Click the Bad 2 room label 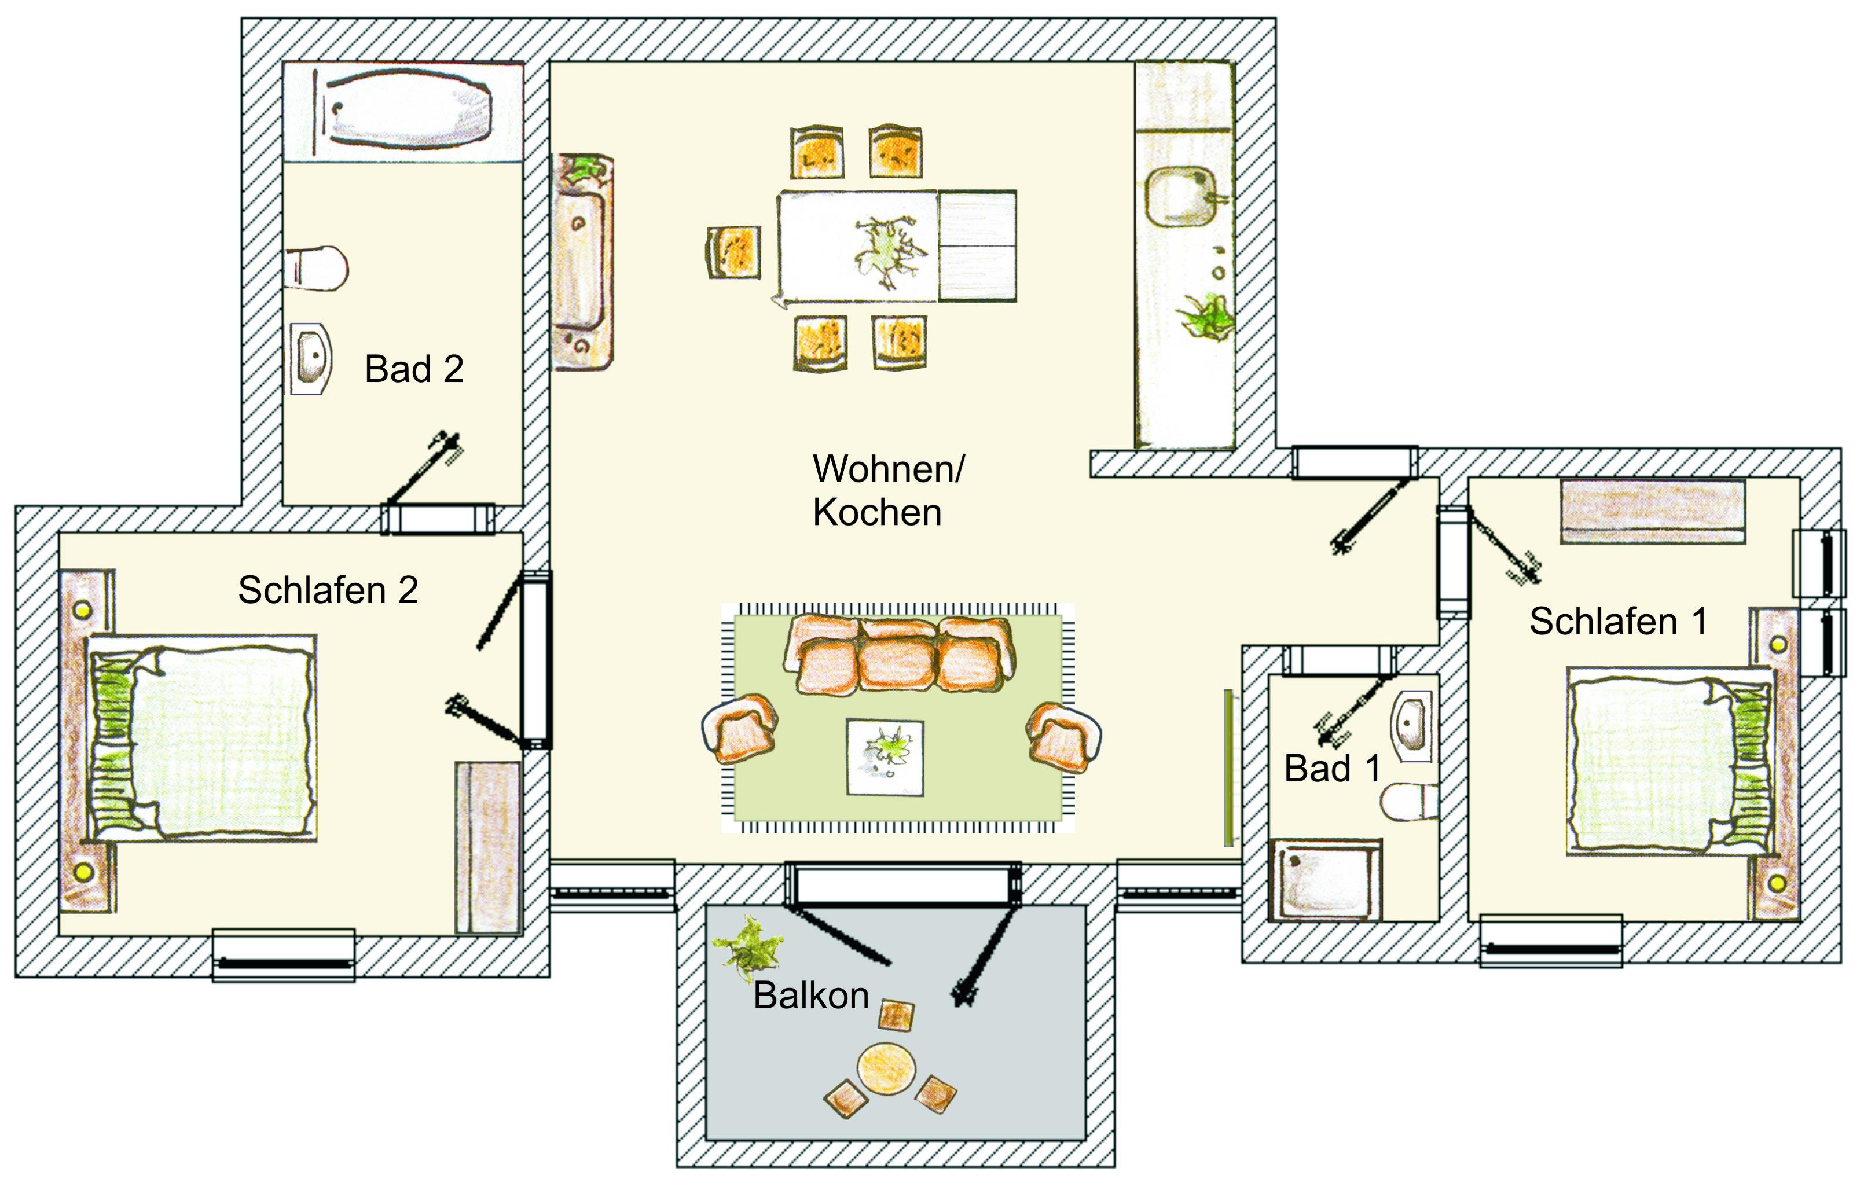point(414,369)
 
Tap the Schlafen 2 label point(328,590)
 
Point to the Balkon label point(811,995)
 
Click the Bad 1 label point(1332,768)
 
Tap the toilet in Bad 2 point(317,268)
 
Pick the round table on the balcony point(887,1068)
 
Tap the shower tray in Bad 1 point(1325,880)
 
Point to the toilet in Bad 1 point(1410,802)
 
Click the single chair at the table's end point(733,251)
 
